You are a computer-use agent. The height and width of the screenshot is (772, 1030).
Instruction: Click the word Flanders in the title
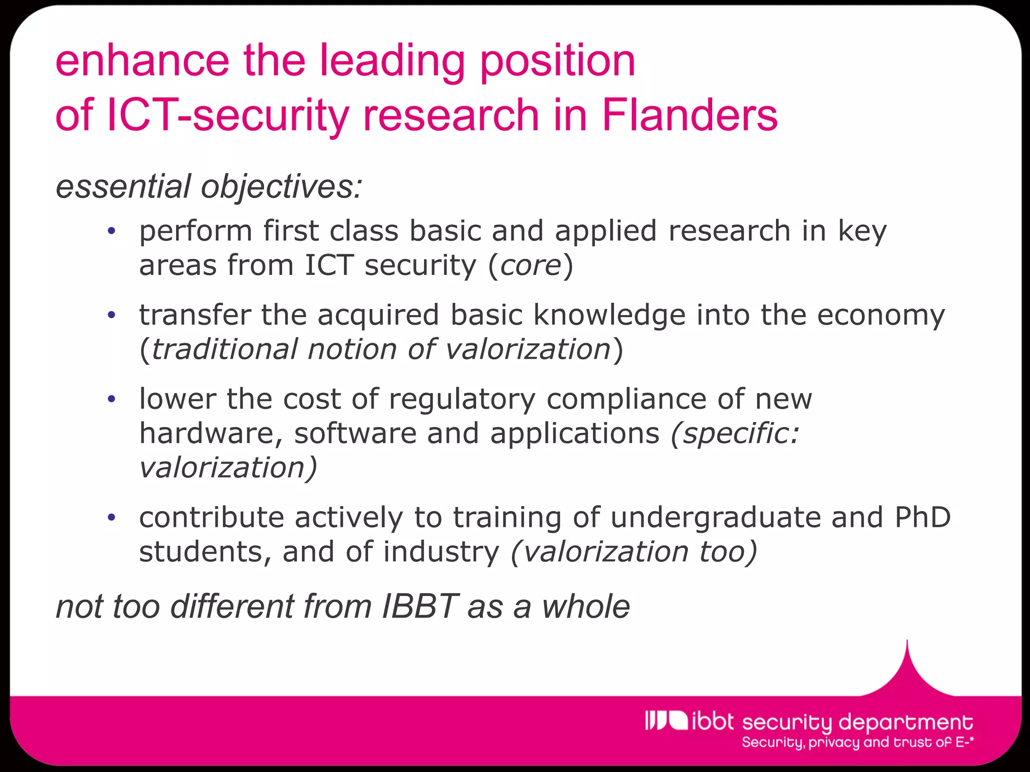[x=689, y=115]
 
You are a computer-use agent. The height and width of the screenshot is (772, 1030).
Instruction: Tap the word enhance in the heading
[x=142, y=61]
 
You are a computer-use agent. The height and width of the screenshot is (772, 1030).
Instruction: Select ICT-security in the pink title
[x=228, y=115]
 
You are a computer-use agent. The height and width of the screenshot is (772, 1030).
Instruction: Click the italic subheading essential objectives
[x=209, y=186]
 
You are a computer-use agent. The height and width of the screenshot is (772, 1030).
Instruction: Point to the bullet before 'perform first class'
[x=112, y=232]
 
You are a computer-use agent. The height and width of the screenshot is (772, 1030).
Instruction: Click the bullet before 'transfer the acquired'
[x=112, y=316]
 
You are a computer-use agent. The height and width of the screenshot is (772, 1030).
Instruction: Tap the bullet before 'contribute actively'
[x=112, y=518]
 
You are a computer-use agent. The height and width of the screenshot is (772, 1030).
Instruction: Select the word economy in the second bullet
[x=881, y=316]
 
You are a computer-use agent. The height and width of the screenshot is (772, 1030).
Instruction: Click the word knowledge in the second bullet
[x=609, y=316]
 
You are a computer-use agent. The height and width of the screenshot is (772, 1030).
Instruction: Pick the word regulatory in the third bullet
[x=462, y=400]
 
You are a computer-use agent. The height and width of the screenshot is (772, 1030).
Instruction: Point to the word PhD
[x=922, y=518]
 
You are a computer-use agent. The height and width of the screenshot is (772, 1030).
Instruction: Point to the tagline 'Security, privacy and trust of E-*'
[x=857, y=743]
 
